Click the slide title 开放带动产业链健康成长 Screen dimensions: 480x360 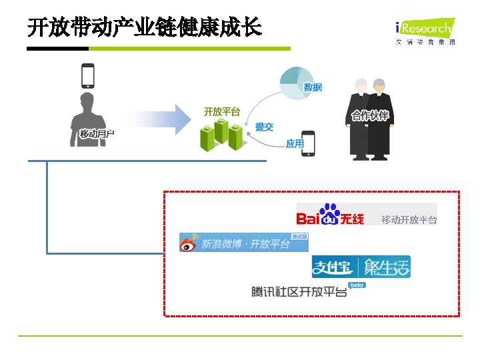pyautogui.click(x=144, y=29)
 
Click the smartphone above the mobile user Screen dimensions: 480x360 pyautogui.click(x=87, y=75)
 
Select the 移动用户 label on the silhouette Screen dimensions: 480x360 pyautogui.click(x=97, y=134)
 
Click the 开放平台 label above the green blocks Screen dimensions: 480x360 pyautogui.click(x=222, y=111)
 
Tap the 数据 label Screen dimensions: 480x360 pyautogui.click(x=313, y=87)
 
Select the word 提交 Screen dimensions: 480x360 pyautogui.click(x=264, y=127)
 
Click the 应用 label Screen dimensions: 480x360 pyautogui.click(x=295, y=143)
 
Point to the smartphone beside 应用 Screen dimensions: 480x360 pyautogui.click(x=309, y=143)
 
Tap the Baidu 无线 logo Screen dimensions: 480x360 pyautogui.click(x=331, y=215)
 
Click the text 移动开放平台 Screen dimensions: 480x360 pyautogui.click(x=409, y=220)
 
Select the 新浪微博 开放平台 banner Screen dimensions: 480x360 pyautogui.click(x=243, y=243)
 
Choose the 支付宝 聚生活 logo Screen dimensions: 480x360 pyautogui.click(x=361, y=267)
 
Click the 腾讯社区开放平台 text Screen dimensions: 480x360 pyautogui.click(x=299, y=291)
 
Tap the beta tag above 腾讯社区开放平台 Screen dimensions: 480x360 pyautogui.click(x=357, y=285)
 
